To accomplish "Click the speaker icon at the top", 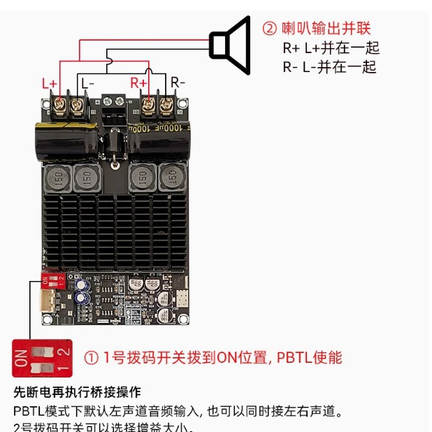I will [x=231, y=45].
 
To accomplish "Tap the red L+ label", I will [x=50, y=83].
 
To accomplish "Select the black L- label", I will [x=87, y=83].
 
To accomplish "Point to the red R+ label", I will [x=138, y=83].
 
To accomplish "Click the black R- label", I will [x=178, y=83].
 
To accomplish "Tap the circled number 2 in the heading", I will [x=270, y=29].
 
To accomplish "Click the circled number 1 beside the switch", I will [x=92, y=358].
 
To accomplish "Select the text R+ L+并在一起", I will [x=331, y=48].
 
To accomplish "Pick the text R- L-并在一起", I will [x=329, y=67].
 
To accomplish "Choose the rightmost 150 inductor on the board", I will [x=171, y=178].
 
